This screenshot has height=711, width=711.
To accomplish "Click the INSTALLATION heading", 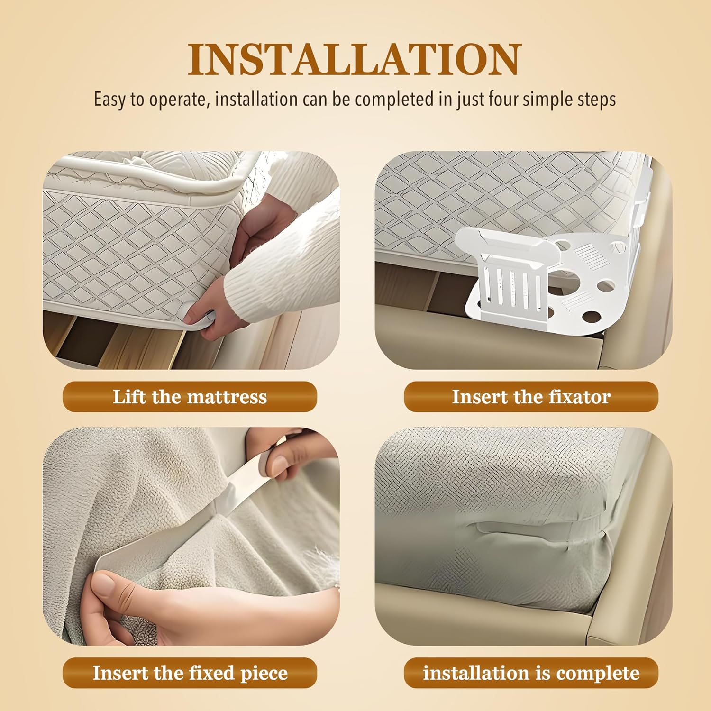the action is (x=355, y=59).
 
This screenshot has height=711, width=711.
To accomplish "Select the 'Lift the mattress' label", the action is (x=190, y=397).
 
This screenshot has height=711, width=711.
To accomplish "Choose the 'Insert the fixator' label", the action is (x=531, y=397).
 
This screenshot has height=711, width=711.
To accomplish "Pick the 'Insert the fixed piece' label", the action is (x=190, y=673).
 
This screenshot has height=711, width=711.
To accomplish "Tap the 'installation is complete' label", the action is (x=531, y=673).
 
